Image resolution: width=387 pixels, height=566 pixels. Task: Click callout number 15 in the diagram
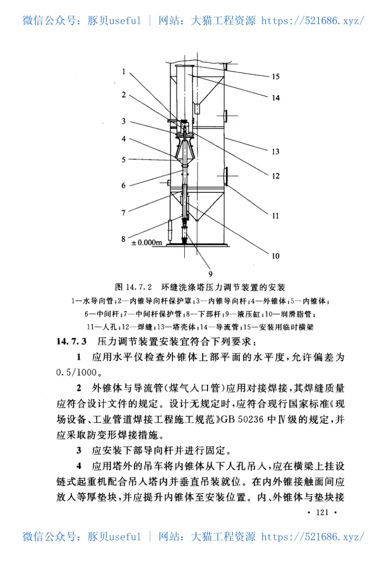275,76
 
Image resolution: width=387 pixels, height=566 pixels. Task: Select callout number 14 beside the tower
275,98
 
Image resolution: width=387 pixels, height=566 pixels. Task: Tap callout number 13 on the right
275,152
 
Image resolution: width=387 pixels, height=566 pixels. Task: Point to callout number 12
275,176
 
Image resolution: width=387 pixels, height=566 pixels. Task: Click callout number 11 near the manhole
275,216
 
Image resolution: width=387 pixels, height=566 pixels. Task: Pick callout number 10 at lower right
275,256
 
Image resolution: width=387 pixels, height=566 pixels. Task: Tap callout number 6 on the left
124,185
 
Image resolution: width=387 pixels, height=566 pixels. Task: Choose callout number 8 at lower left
124,238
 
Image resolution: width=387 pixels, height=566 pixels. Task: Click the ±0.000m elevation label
147,243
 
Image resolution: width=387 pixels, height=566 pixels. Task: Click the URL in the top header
313,20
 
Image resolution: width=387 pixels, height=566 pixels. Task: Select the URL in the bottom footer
313,537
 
